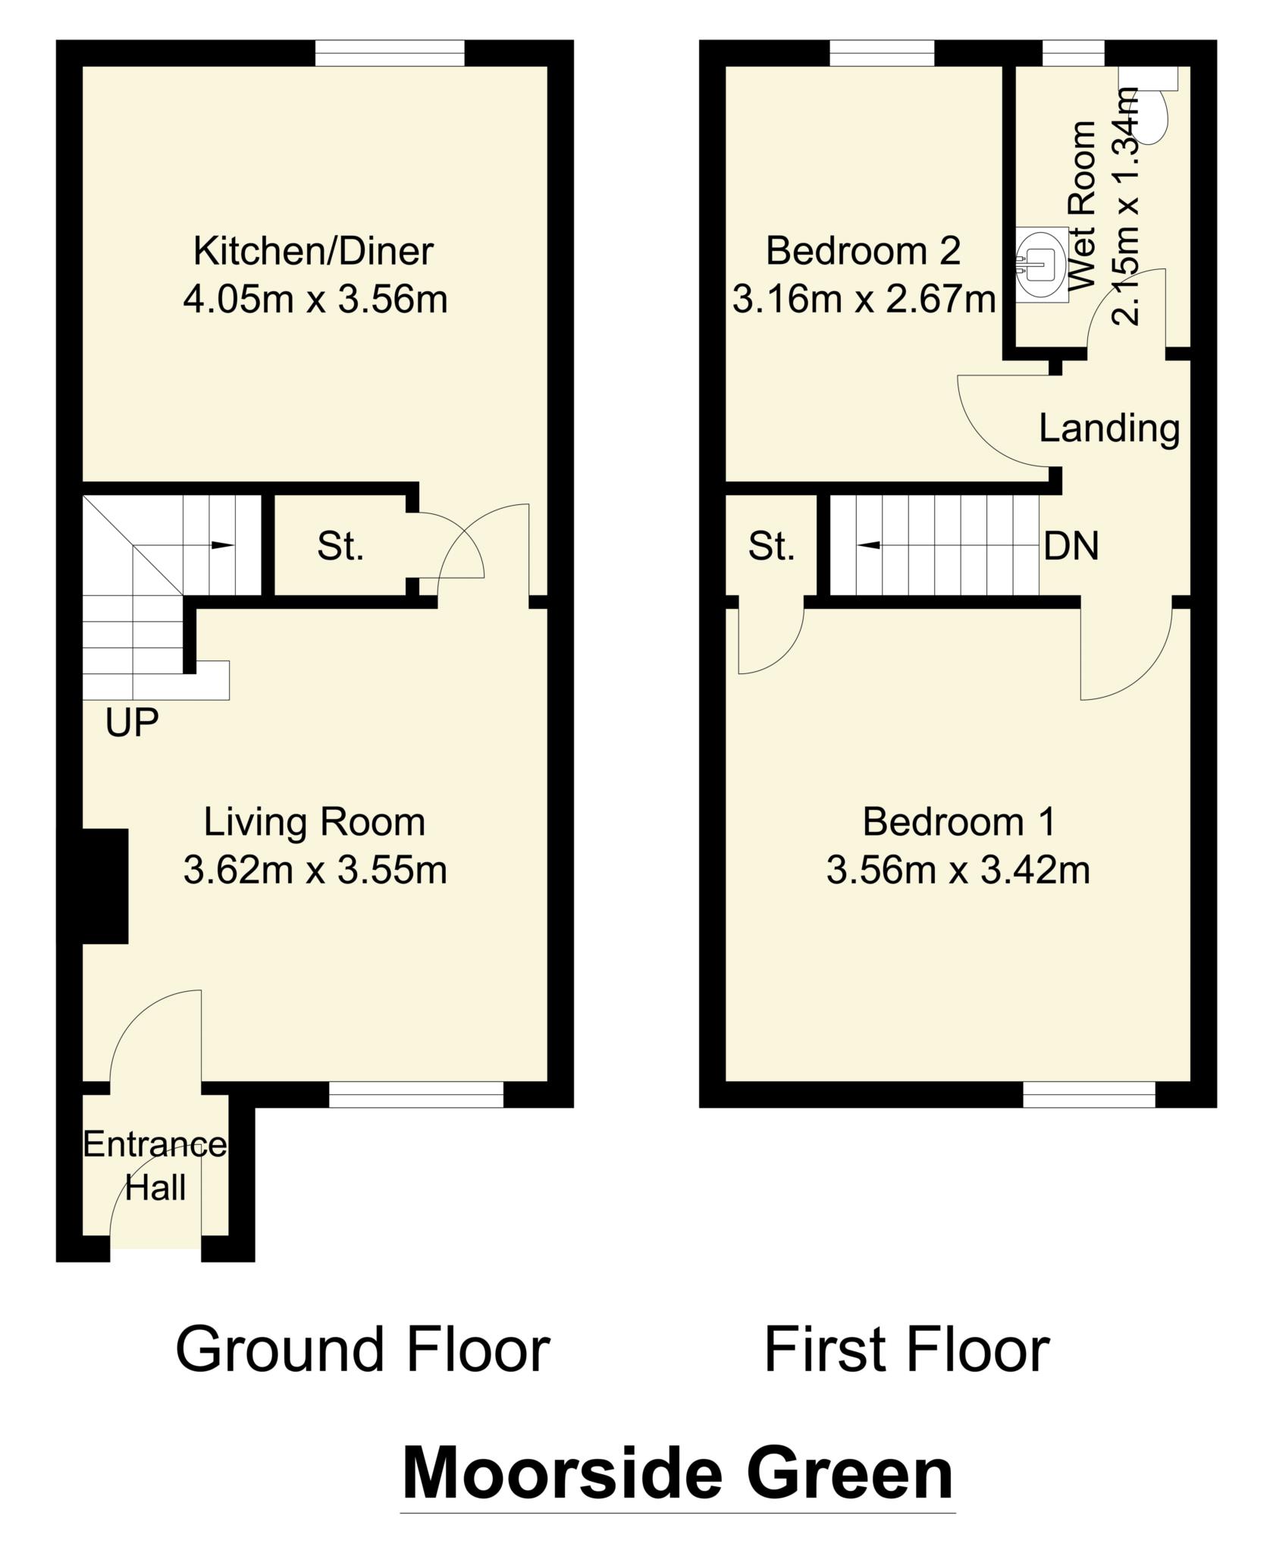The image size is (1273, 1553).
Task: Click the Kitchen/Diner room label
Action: coord(313,252)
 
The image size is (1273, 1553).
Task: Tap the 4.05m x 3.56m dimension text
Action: coord(315,300)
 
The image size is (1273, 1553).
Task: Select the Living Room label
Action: coord(315,824)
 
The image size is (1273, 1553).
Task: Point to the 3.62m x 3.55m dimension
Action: coord(315,871)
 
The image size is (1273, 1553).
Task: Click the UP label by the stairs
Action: coord(132,723)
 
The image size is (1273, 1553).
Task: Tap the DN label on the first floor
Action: coord(1071,546)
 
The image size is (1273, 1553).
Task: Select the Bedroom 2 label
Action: coord(863,251)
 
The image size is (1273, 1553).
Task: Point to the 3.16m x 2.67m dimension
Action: coord(864,300)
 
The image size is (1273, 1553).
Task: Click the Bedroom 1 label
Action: coord(958,822)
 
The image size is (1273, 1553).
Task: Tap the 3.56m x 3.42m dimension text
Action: coord(958,871)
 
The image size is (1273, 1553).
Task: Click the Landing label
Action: coord(1109,429)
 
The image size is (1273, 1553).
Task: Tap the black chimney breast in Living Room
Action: coord(105,886)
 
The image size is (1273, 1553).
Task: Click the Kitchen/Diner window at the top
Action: coord(389,53)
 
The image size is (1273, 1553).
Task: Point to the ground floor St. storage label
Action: coord(340,546)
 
